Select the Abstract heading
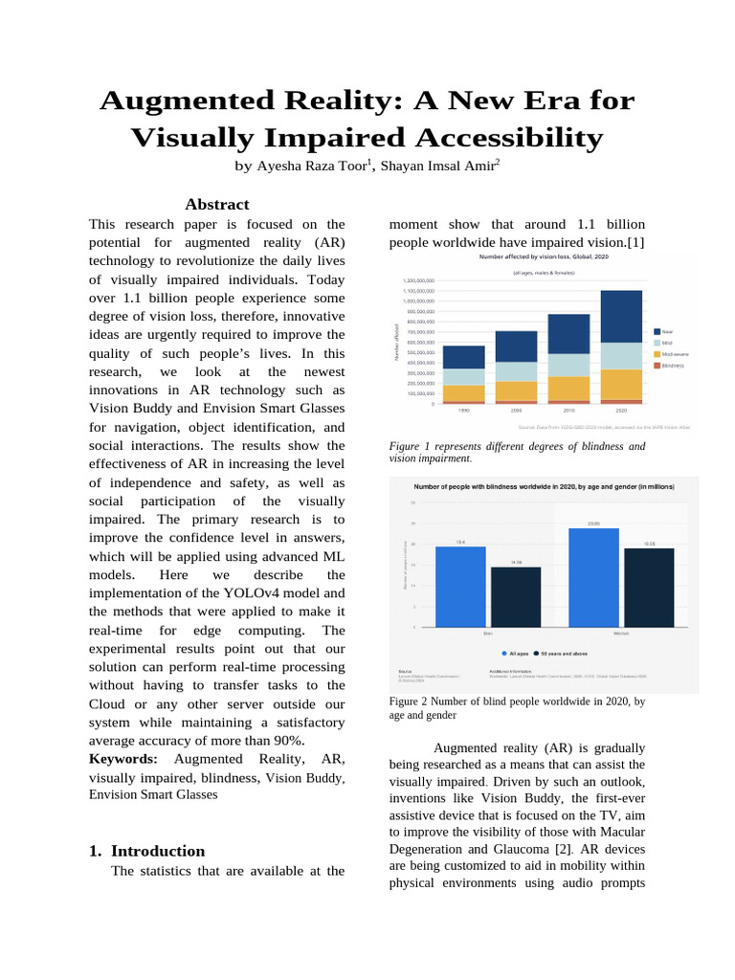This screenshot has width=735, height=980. point(217,204)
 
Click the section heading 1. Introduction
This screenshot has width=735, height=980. point(146,851)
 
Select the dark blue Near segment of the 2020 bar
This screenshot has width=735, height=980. point(621,317)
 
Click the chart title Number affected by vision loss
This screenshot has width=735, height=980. point(544,257)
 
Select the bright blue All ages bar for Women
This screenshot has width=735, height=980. point(593,577)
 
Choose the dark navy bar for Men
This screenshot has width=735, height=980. point(516,596)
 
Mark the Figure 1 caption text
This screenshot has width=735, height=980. point(517,453)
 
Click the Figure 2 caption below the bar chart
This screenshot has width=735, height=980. point(517,708)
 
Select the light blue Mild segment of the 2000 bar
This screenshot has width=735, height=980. point(516,371)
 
